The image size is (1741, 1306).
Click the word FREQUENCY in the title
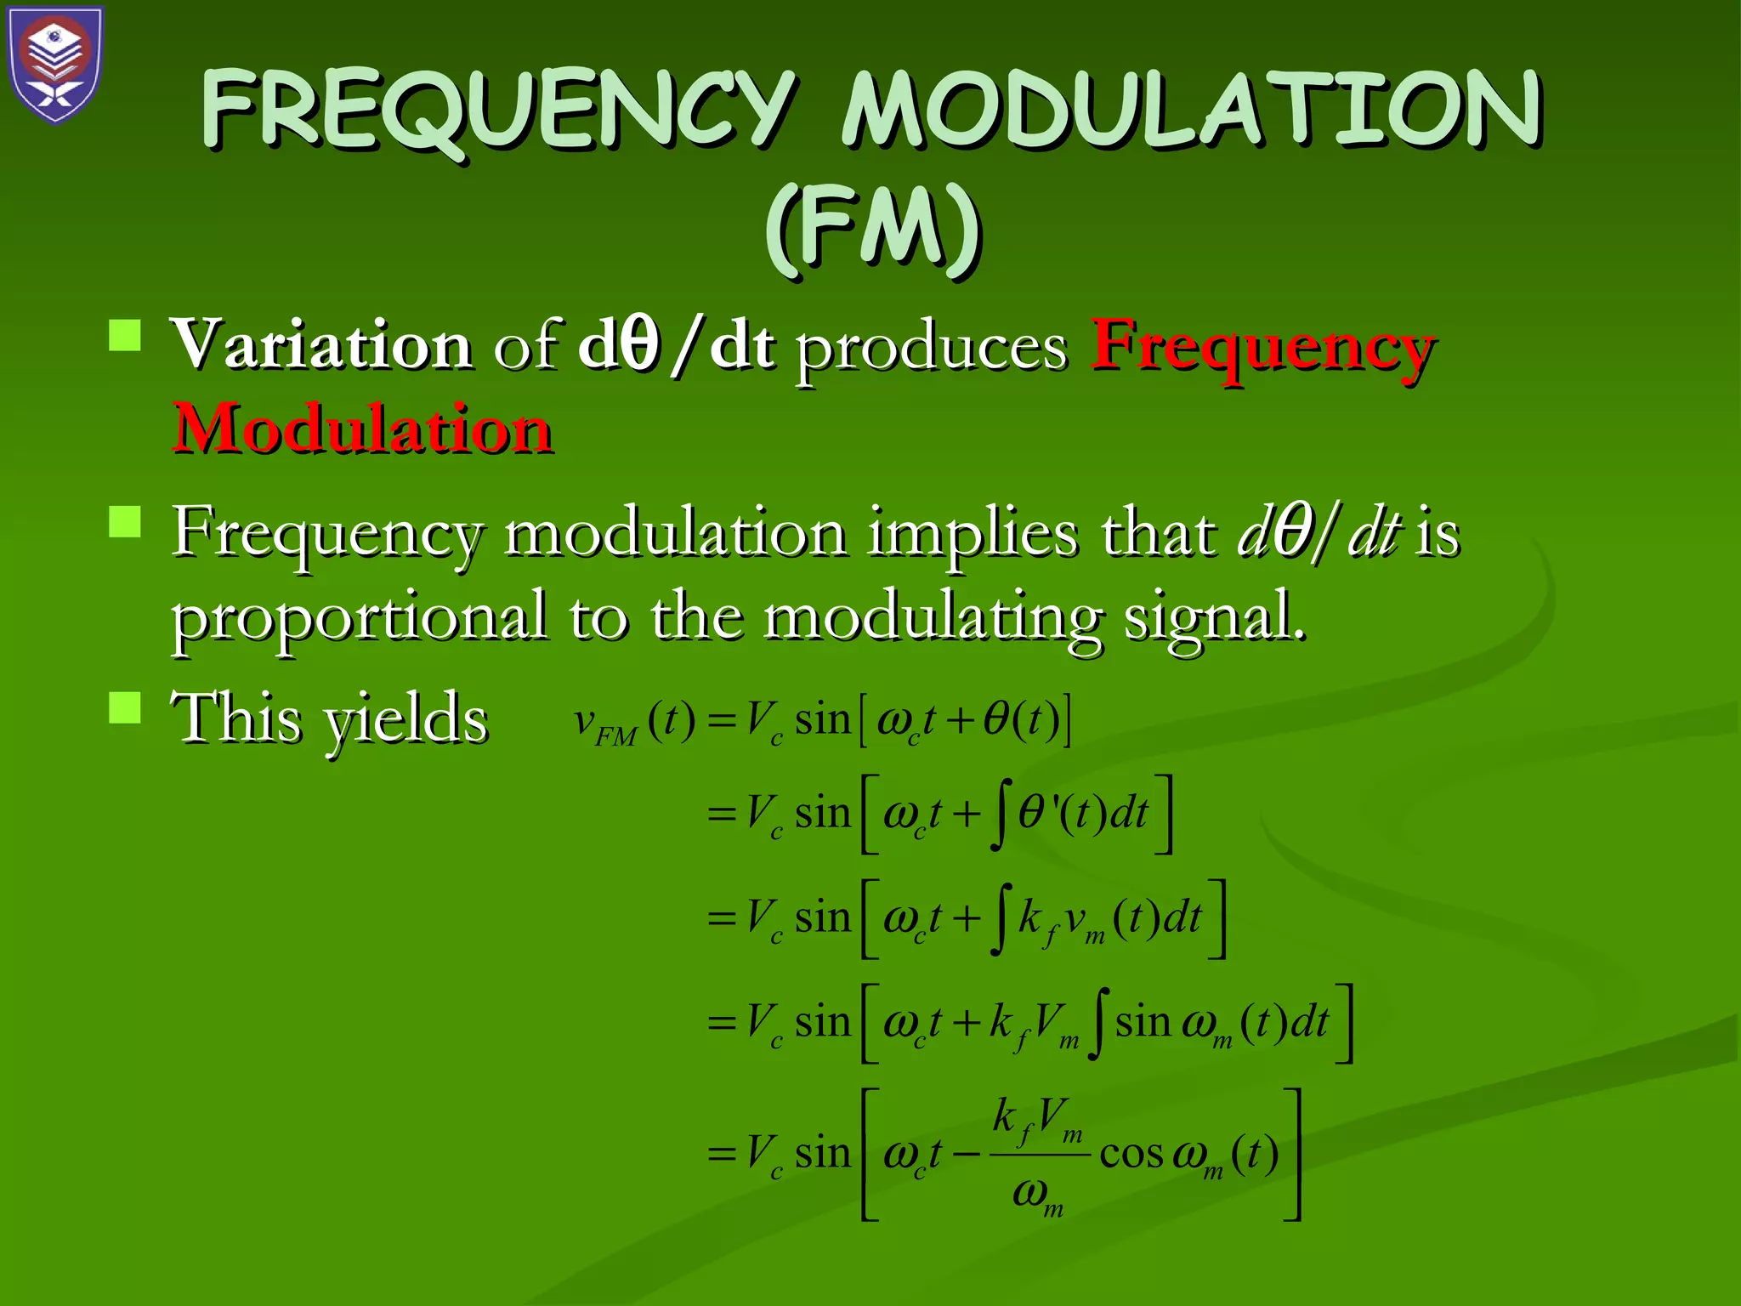[500, 111]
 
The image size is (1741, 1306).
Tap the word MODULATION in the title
[1192, 111]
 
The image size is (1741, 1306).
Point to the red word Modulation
[363, 429]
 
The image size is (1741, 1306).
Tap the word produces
[932, 349]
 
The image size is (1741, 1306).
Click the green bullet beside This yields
[125, 707]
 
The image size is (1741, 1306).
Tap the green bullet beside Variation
[125, 335]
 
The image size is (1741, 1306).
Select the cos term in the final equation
[1131, 1155]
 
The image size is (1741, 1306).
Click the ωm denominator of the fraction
[1038, 1195]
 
